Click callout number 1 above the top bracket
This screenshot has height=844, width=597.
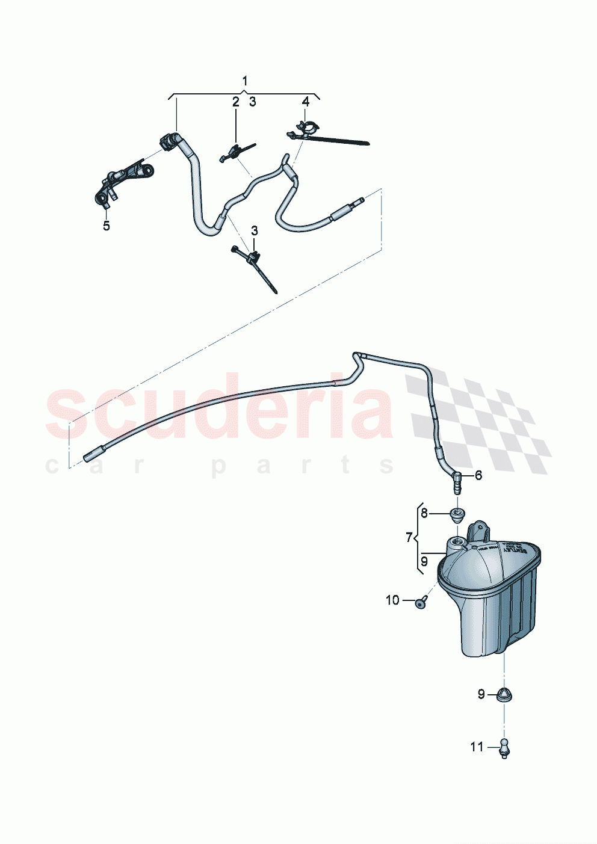245,81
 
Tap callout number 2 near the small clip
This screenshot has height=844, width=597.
236,102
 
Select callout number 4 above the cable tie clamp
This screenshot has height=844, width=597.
306,102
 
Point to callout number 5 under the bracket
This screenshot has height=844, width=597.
107,226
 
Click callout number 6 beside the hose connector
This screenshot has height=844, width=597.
478,475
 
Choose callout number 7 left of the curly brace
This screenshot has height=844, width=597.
409,537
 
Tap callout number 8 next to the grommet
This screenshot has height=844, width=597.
424,513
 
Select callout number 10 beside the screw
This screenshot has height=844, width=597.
392,600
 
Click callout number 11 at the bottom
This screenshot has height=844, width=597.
477,747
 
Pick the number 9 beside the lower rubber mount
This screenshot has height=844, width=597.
481,694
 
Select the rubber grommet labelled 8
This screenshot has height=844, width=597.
459,515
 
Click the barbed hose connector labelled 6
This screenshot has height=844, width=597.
457,482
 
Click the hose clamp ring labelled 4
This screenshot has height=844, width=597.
307,128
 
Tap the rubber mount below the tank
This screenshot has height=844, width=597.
504,695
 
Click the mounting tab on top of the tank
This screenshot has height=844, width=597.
480,532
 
